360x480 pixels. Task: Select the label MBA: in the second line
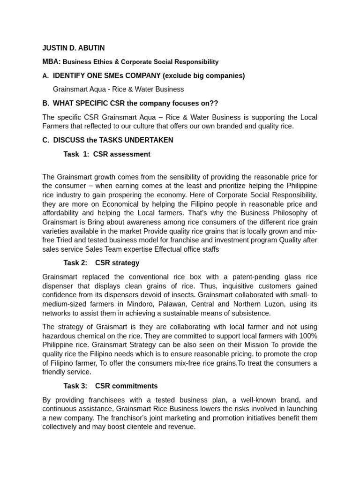(52, 61)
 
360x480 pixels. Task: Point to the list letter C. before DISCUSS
(46, 140)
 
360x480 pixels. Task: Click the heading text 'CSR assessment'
(122, 154)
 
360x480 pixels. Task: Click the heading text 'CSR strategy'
(117, 263)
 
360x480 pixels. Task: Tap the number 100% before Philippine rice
(307, 336)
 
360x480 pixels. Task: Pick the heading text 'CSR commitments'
(127, 386)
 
